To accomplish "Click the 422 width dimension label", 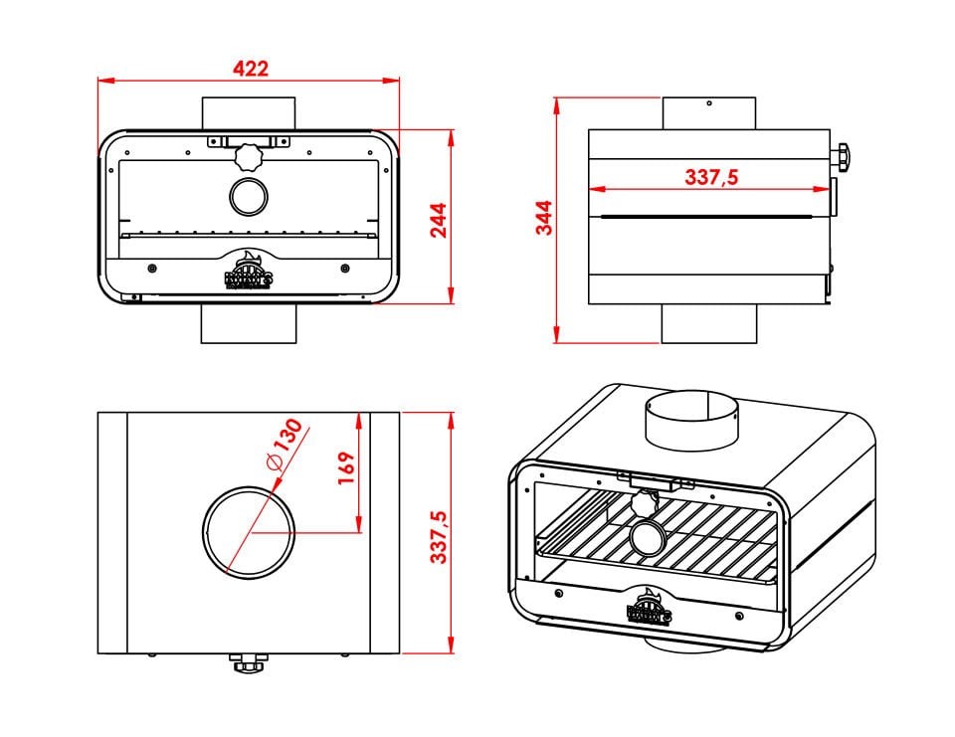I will (x=250, y=68).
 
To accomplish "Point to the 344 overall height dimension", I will (x=544, y=218).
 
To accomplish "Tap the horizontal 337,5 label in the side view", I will (x=711, y=177).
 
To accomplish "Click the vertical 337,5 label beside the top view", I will (x=439, y=538).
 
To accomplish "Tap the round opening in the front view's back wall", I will (x=247, y=196).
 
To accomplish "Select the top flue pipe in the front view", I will (x=248, y=112).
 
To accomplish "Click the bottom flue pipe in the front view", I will (x=248, y=323).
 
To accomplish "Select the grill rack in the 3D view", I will (x=657, y=542).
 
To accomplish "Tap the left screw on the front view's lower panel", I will (x=150, y=268).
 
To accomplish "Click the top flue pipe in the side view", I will (x=708, y=112).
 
